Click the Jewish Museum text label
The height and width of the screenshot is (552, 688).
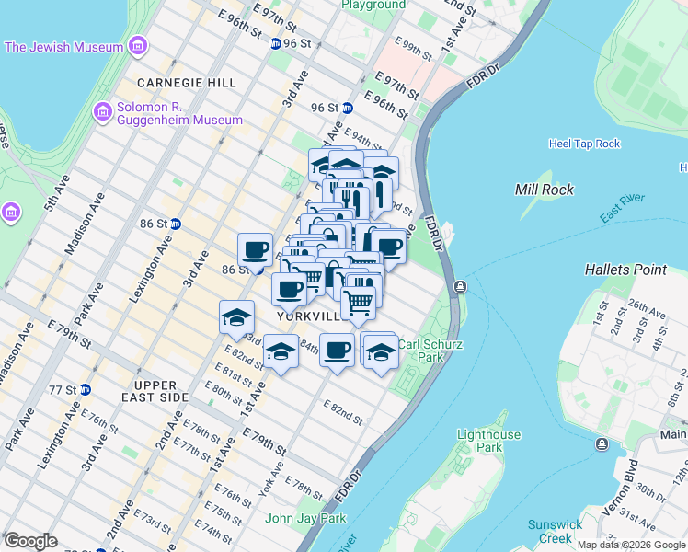pyautogui.click(x=64, y=47)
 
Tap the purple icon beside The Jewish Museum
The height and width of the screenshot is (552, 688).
pyautogui.click(x=137, y=46)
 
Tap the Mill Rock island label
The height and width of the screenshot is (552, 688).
pyautogui.click(x=545, y=190)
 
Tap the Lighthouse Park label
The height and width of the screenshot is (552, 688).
pyautogui.click(x=489, y=441)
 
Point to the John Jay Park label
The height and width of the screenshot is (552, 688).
pyautogui.click(x=305, y=518)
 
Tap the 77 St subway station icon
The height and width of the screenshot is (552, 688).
pyautogui.click(x=86, y=390)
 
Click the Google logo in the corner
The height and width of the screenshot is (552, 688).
pyautogui.click(x=31, y=540)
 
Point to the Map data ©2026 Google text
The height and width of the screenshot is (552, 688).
pyautogui.click(x=631, y=545)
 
